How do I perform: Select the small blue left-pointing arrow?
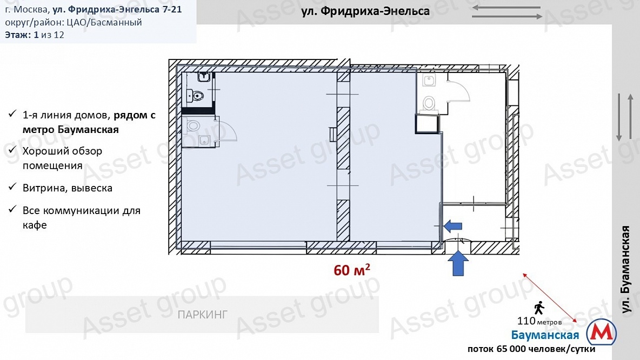[x=453, y=224]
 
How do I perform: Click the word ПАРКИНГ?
[x=202, y=314]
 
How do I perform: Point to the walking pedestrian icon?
[x=539, y=309]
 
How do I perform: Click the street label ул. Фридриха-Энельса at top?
[x=365, y=11]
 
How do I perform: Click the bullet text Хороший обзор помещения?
[x=62, y=158]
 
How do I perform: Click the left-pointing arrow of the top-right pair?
[x=506, y=8]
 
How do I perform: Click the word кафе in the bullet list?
[x=35, y=225]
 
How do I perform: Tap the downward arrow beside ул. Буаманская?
[x=619, y=117]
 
